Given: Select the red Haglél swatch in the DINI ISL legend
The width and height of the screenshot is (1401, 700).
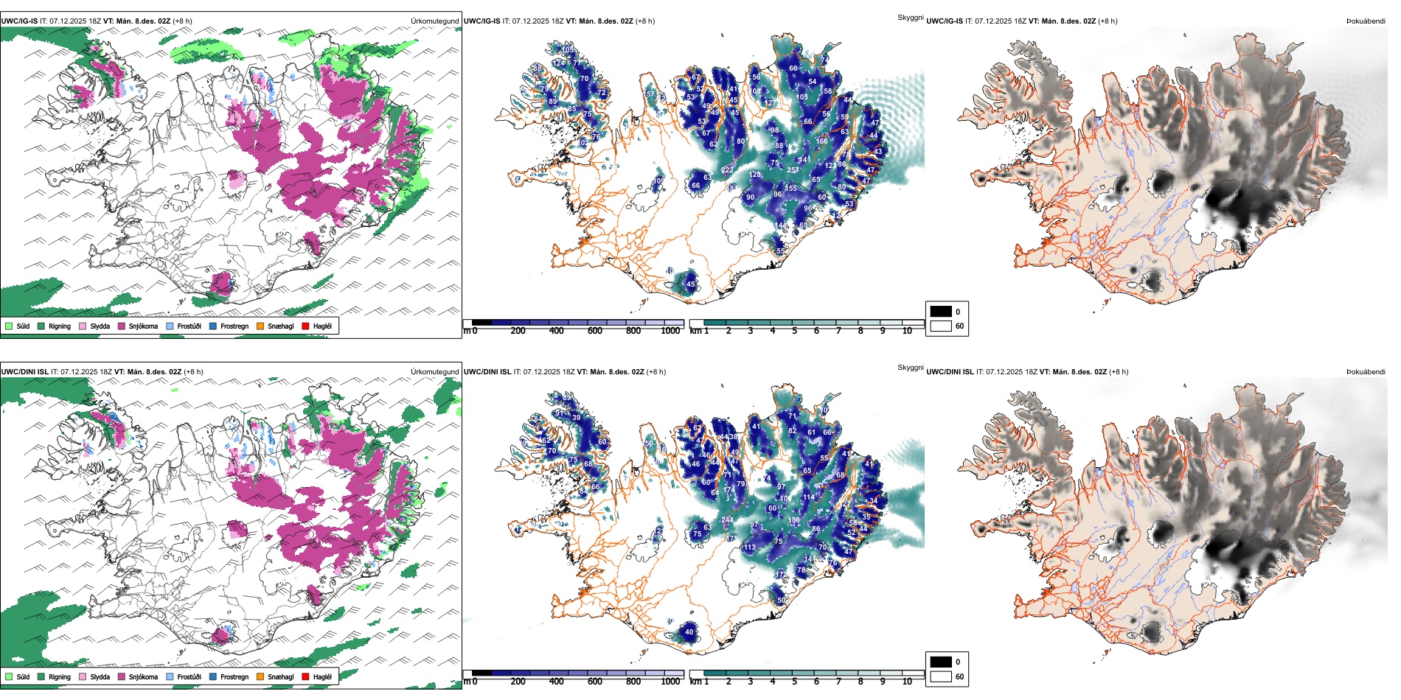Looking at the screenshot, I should (x=305, y=676).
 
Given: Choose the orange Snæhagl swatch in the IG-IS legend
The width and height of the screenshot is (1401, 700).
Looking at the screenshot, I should (x=260, y=326).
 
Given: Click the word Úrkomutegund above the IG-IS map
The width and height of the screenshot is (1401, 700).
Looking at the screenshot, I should (x=434, y=21).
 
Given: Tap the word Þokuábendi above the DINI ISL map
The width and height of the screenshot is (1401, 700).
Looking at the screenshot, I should (x=1366, y=372).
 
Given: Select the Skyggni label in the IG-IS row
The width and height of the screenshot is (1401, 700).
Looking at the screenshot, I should (x=910, y=18).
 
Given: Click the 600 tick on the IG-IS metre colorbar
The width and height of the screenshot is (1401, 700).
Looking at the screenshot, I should (x=595, y=331).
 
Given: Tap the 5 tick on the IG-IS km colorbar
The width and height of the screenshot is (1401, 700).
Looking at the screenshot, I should (x=794, y=331).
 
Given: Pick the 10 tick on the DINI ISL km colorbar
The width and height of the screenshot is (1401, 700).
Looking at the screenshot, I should (x=907, y=682).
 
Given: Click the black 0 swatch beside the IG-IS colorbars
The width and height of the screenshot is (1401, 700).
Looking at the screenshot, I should (x=941, y=312).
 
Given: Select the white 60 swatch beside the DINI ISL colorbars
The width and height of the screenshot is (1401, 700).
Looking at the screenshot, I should (x=941, y=676).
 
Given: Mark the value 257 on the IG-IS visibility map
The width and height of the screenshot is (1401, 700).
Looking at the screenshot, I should (x=793, y=170).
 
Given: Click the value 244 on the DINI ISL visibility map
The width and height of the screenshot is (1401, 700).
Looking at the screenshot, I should (x=727, y=520).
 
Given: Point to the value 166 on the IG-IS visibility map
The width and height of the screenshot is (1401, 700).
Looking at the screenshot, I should (x=821, y=141).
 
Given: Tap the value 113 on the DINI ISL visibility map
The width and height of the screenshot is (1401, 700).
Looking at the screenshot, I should (x=749, y=547).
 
